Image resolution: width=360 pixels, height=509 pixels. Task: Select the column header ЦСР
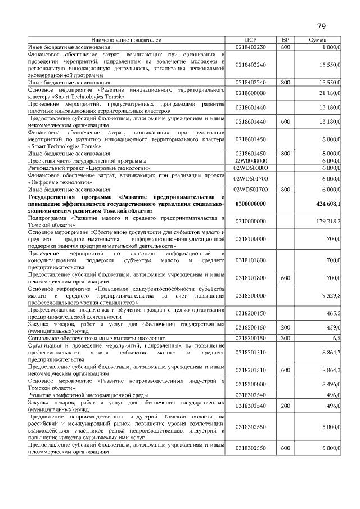point(251,40)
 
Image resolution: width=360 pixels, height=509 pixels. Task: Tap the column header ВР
point(285,40)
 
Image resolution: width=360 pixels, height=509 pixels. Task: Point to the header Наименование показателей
point(126,40)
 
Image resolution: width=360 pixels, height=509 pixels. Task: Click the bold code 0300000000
point(251,204)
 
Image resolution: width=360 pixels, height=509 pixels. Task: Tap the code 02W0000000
point(251,160)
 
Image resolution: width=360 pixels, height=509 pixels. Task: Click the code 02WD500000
point(251,168)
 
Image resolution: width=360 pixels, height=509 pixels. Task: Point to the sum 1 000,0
point(331,48)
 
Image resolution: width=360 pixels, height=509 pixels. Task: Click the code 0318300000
point(251,385)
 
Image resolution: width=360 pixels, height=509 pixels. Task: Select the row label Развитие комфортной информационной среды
point(84,395)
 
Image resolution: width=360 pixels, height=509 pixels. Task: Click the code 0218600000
point(251,93)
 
